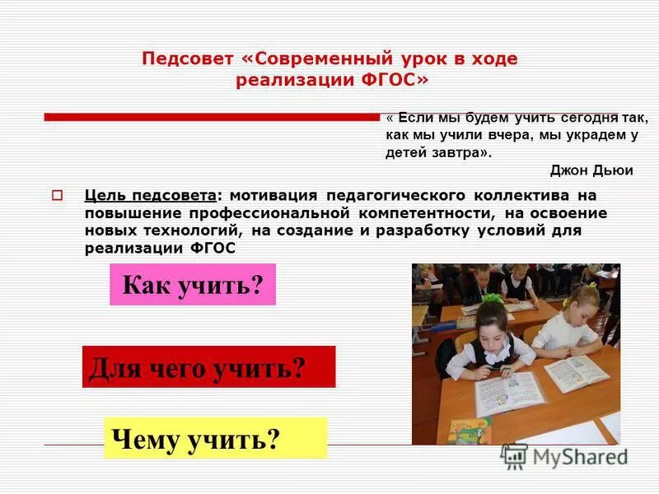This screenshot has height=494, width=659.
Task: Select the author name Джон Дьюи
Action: tap(591, 170)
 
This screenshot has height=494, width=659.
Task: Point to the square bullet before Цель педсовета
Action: tap(58, 196)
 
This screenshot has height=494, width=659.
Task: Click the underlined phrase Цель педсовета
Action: tap(151, 196)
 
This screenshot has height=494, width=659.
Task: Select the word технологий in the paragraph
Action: tap(175, 230)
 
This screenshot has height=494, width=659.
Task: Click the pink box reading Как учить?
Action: tap(192, 285)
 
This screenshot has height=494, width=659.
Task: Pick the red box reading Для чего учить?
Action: tap(208, 366)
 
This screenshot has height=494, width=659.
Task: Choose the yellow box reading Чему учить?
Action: tap(215, 438)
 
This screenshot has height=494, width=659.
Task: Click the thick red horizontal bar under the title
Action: tap(210, 117)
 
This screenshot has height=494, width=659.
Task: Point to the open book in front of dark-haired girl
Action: tap(508, 394)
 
